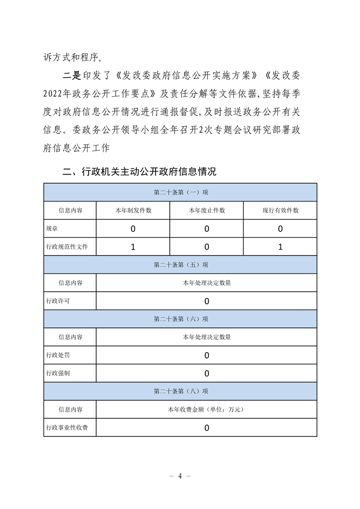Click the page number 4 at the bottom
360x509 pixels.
(180, 476)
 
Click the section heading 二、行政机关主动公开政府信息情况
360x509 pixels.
(139, 172)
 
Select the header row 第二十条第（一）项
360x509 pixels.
(180, 192)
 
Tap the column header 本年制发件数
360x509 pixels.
(133, 210)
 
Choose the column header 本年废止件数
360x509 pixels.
(207, 210)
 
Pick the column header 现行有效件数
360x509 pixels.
(280, 210)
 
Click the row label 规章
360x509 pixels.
(52, 229)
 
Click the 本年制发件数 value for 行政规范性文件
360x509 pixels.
(133, 247)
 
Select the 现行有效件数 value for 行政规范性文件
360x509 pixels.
(280, 247)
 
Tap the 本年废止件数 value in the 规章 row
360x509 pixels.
(207, 229)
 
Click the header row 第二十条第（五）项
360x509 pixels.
(180, 265)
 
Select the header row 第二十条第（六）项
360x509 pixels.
(180, 319)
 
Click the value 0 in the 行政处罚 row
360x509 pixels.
(207, 356)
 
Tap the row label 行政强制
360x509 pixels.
(58, 373)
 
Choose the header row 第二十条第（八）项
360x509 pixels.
(180, 391)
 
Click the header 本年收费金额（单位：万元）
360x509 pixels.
(207, 409)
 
